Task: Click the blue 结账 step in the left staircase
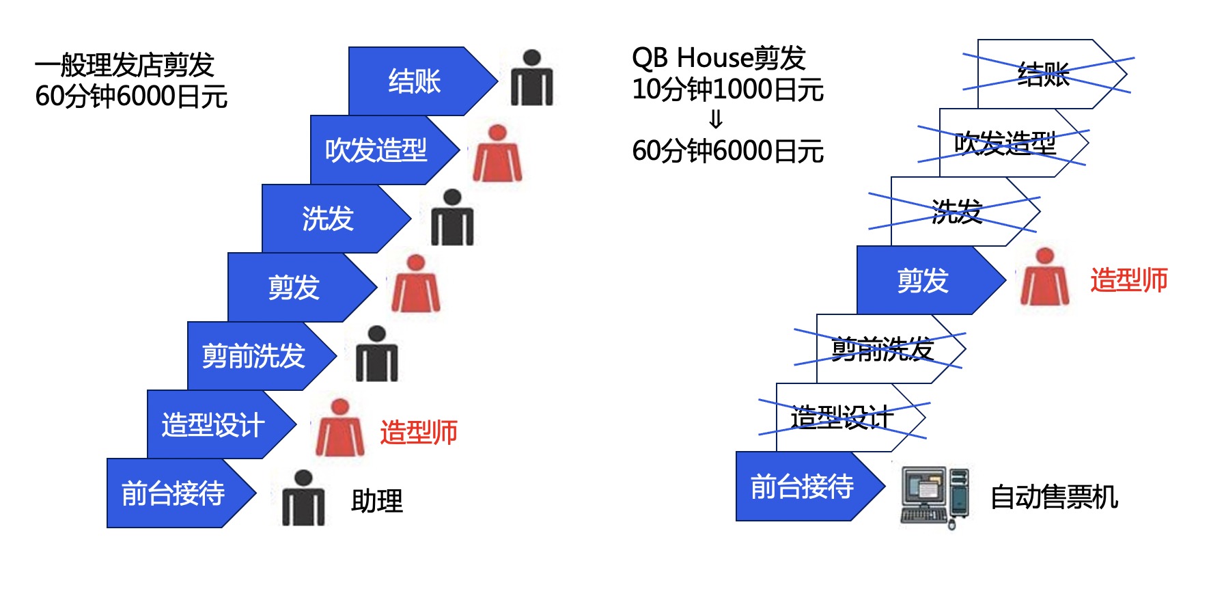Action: pyautogui.click(x=414, y=81)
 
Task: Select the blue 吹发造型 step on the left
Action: pyautogui.click(x=376, y=150)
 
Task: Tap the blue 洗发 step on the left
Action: pyautogui.click(x=328, y=219)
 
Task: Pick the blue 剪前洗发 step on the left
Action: pyautogui.click(x=253, y=356)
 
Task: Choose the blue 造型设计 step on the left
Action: pyautogui.click(x=213, y=424)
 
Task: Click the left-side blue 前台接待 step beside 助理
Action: pyautogui.click(x=173, y=493)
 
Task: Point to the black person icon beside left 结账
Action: pyautogui.click(x=531, y=78)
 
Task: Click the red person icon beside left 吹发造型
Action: pyautogui.click(x=497, y=153)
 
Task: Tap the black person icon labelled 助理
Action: pyautogui.click(x=303, y=498)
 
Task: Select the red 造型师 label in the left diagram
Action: pyautogui.click(x=419, y=433)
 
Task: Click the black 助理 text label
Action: pyautogui.click(x=377, y=501)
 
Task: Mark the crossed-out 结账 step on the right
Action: pyautogui.click(x=1044, y=74)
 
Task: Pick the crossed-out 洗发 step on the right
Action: pyautogui.click(x=956, y=212)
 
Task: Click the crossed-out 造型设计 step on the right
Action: pyautogui.click(x=842, y=418)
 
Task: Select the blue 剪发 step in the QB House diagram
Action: pyautogui.click(x=923, y=280)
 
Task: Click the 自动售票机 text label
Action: pyautogui.click(x=1054, y=497)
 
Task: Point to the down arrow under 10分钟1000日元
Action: pyautogui.click(x=716, y=120)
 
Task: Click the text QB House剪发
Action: pyautogui.click(x=719, y=58)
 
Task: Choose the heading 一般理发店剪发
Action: pyautogui.click(x=125, y=66)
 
